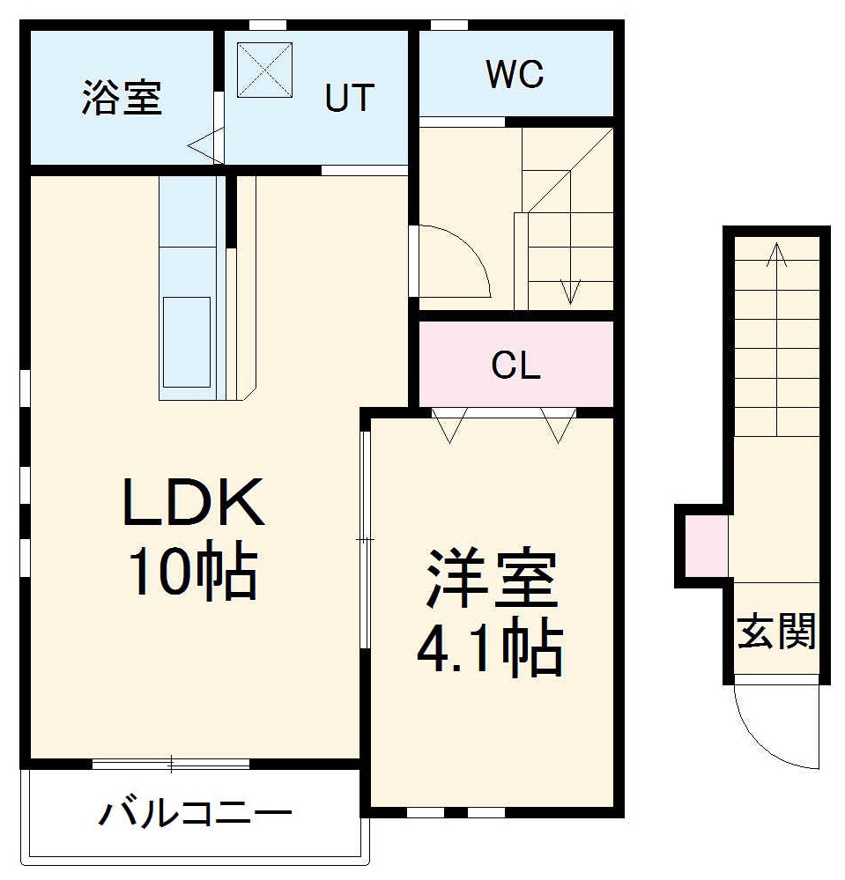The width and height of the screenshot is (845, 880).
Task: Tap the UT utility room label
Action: click(350, 98)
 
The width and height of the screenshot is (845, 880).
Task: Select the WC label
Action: click(515, 75)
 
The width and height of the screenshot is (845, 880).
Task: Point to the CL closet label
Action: click(515, 366)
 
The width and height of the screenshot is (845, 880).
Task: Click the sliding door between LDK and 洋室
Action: click(365, 538)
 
